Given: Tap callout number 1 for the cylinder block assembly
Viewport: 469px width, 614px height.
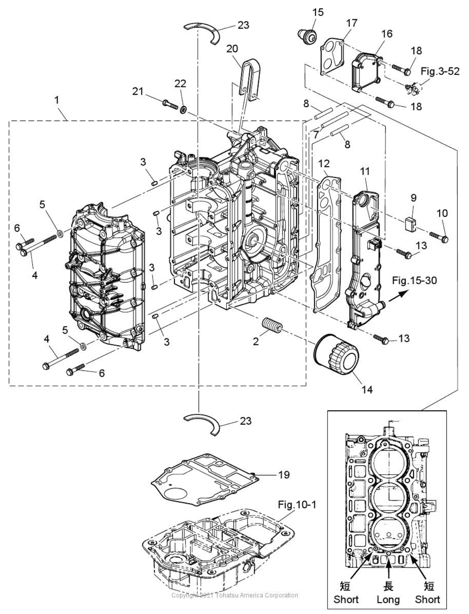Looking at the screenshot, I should coord(57,100).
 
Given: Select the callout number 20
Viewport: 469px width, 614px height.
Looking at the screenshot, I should coord(232,48).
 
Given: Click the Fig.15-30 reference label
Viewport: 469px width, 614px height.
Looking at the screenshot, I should coord(414,281).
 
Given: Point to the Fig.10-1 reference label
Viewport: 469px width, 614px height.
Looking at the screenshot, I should coord(297,504).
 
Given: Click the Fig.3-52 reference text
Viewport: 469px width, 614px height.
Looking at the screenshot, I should coord(440,71).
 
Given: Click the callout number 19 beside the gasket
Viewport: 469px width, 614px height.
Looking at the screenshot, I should coord(284,475).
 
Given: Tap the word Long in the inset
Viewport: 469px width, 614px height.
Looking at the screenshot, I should coord(388,600).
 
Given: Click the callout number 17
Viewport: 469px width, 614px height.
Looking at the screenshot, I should coord(352,23).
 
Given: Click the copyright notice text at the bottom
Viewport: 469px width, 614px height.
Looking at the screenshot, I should coord(235,595).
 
